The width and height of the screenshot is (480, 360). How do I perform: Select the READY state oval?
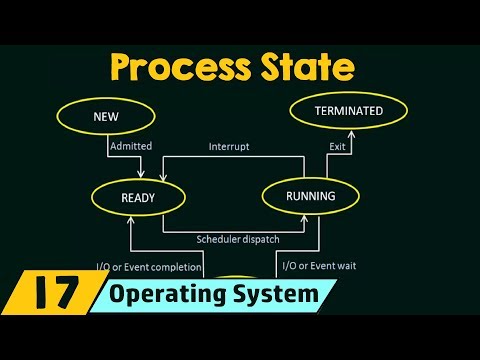(x=139, y=197)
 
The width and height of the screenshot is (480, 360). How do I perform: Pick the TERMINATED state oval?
(x=348, y=111)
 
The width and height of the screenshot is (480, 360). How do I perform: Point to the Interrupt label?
(x=228, y=146)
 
